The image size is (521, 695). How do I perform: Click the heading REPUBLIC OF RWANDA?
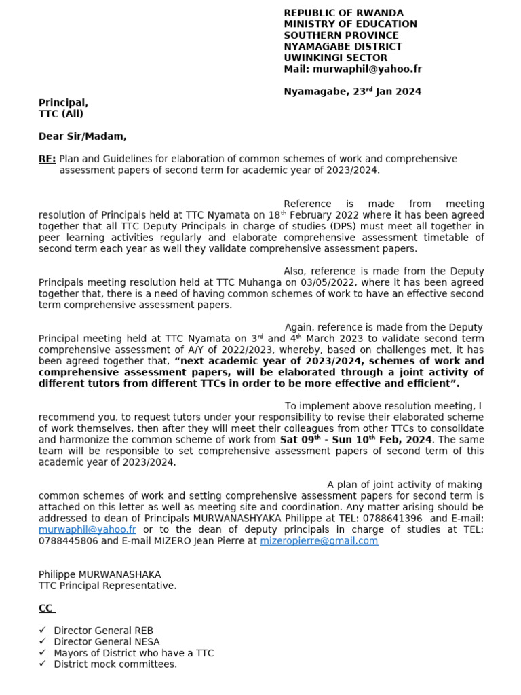(x=343, y=13)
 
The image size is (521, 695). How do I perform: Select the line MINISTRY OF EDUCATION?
(x=350, y=24)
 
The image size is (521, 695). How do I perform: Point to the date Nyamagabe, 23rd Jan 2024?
(x=352, y=92)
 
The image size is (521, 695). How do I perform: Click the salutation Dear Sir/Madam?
(x=82, y=136)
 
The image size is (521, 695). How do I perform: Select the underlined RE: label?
(x=47, y=159)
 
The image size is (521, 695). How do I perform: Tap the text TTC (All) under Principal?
(x=60, y=114)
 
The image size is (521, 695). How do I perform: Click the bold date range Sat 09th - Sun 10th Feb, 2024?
(x=355, y=440)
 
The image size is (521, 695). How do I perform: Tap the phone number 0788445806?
(x=68, y=541)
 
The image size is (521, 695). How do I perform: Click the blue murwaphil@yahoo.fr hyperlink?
(x=88, y=529)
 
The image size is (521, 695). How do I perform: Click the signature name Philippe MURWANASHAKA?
(x=100, y=574)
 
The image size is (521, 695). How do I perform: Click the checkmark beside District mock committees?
(x=43, y=664)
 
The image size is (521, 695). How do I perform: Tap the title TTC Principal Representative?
(x=107, y=586)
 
